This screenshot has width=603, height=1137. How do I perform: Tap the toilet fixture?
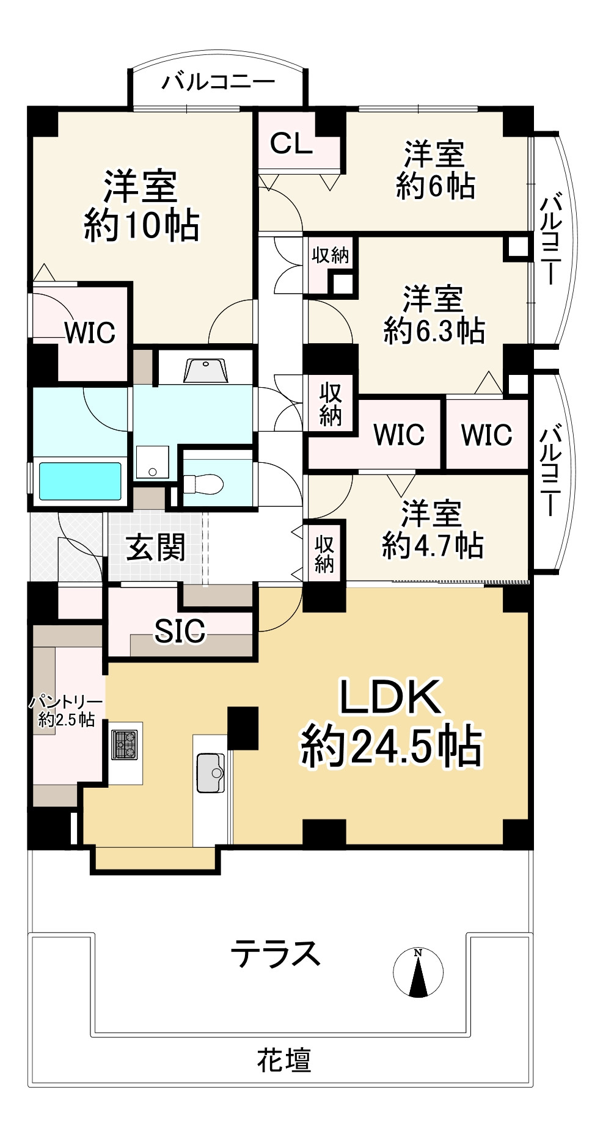coord(204,484)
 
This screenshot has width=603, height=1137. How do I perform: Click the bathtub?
coord(80,481)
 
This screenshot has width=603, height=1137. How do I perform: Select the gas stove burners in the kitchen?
coord(125,745)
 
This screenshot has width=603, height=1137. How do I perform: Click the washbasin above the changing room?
coord(205,371)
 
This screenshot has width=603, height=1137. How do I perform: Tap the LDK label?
coord(390,697)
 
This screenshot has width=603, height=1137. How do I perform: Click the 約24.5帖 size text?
coord(392,746)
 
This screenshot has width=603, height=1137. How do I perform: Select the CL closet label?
coord(291,144)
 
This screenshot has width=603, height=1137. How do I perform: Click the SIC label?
coord(180,631)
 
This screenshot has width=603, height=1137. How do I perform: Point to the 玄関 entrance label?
coord(156,547)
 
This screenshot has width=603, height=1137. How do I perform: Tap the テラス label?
coord(276,953)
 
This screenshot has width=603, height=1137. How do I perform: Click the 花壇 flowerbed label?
coord(284,1061)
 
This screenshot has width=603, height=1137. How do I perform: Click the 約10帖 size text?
coord(142,224)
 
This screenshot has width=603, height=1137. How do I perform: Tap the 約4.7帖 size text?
coord(433,545)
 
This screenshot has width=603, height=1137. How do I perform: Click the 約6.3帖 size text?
coord(434,331)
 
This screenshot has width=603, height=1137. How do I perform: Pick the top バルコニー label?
coord(218,82)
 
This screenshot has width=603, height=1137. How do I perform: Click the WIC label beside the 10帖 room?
coord(90,333)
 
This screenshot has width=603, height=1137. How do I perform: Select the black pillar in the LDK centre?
coord(243,728)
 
